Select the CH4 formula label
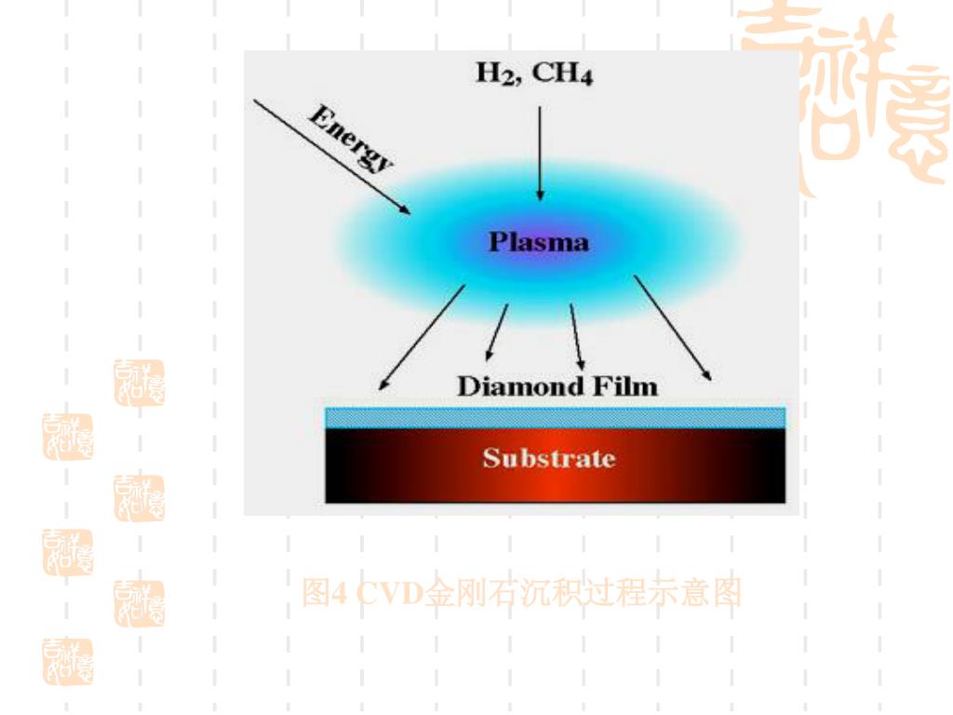tap(562, 74)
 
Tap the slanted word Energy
tap(351, 139)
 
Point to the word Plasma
tap(539, 242)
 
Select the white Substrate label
tap(548, 458)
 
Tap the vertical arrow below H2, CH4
tap(540, 154)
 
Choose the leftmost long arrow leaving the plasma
tap(421, 337)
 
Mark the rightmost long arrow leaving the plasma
tap(674, 328)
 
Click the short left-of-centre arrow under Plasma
tap(497, 332)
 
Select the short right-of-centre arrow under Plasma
tap(577, 336)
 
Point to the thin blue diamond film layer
tap(555, 417)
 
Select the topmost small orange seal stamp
tap(139, 383)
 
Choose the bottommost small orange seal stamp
tap(68, 662)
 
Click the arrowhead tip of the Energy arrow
tap(409, 213)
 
